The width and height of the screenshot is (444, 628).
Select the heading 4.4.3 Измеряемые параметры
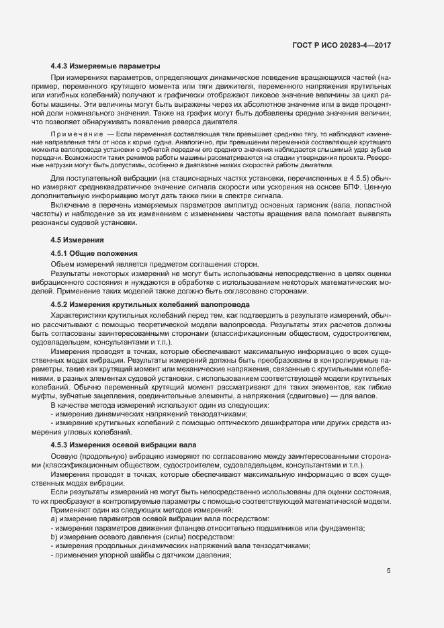[105, 66]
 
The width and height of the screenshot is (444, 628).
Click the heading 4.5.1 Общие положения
[94, 253]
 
